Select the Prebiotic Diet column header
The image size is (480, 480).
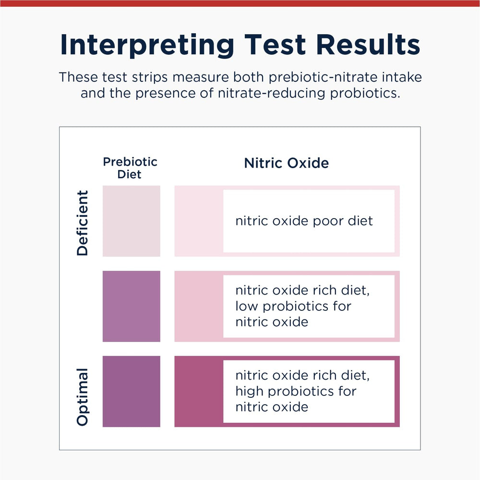click(x=130, y=168)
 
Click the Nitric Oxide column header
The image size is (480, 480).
click(x=287, y=163)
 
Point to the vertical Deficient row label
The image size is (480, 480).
click(x=83, y=222)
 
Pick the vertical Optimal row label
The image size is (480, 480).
click(x=83, y=396)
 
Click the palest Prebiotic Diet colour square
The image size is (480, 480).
click(x=131, y=221)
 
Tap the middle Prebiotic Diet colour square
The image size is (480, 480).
click(x=131, y=306)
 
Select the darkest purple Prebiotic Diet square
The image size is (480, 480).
click(x=131, y=391)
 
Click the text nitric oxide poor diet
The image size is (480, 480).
click(x=304, y=221)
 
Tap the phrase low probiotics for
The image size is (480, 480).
click(x=293, y=306)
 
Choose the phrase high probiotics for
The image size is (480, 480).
click(x=296, y=391)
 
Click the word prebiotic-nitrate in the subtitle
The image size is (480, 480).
click(x=318, y=77)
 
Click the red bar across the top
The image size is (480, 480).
click(x=240, y=3)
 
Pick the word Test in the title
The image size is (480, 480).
click(x=275, y=45)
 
